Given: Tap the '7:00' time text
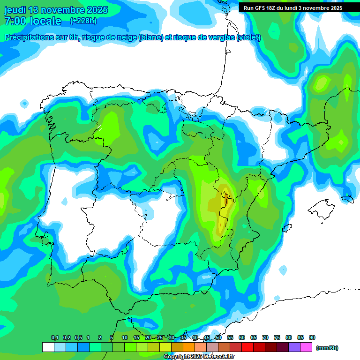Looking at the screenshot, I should tap(15, 21).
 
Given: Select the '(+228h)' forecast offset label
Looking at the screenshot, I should tap(83, 21).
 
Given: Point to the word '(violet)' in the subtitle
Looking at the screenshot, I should tap(249, 37).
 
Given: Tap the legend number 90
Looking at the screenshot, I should tap(312, 337).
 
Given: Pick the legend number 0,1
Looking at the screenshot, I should tap(55, 337).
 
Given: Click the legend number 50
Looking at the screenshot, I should tap(218, 337).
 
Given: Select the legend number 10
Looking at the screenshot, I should tap(125, 337).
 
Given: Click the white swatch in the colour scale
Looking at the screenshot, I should tap(48, 347).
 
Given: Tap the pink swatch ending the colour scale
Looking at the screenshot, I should tap(306, 347).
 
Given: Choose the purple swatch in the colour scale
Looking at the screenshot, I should tap(294, 347).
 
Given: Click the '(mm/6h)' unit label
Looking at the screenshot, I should tap(327, 348).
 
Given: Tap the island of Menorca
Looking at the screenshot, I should tap(347, 199).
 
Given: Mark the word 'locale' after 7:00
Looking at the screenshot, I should tap(45, 21).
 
